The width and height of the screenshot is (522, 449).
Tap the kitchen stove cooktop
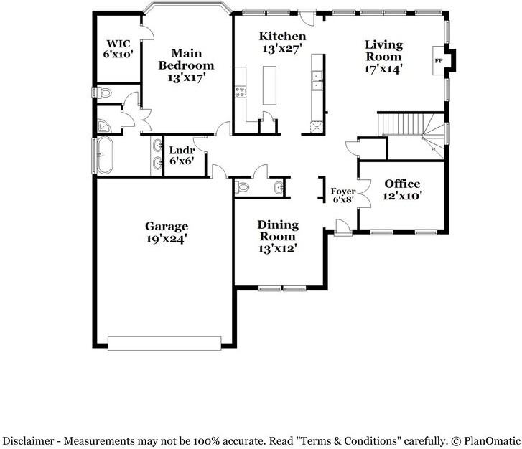(240, 91)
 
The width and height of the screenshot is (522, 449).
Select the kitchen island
(270, 85)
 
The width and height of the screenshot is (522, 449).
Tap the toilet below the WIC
(104, 93)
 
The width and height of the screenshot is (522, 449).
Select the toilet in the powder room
(243, 187)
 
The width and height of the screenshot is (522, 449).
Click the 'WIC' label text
(117, 42)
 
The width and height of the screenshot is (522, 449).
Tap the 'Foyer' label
(342, 191)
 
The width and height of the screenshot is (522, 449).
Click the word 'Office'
(402, 184)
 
